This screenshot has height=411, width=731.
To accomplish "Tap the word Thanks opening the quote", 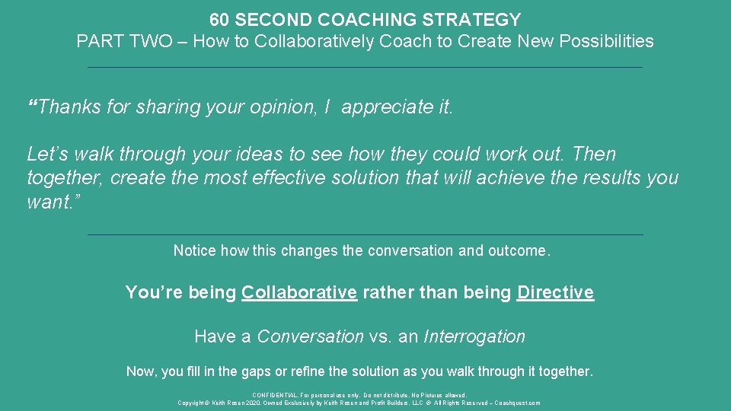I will tap(70, 107).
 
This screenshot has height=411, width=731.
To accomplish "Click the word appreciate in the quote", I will tap(386, 107).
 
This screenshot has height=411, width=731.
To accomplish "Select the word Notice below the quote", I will tap(195, 250).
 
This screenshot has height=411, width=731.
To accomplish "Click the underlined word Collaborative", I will tap(299, 292).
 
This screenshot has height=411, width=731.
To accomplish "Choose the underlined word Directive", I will tap(555, 292).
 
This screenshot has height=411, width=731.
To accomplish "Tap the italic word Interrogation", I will tap(474, 336).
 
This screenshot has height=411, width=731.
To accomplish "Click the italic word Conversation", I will tap(311, 336).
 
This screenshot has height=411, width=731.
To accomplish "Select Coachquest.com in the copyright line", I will tap(519, 403).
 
